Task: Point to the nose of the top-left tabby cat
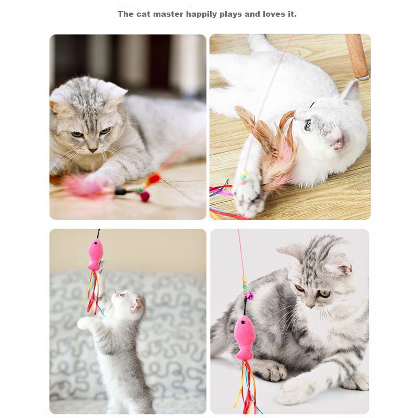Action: point(93,150)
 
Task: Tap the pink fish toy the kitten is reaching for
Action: point(96,254)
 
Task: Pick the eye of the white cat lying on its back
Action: point(308,125)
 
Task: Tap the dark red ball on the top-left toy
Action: point(145,197)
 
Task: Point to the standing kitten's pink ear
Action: point(136,305)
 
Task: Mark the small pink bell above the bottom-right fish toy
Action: point(249,296)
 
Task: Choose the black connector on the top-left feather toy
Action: point(121,191)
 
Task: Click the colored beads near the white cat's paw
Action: point(243,177)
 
